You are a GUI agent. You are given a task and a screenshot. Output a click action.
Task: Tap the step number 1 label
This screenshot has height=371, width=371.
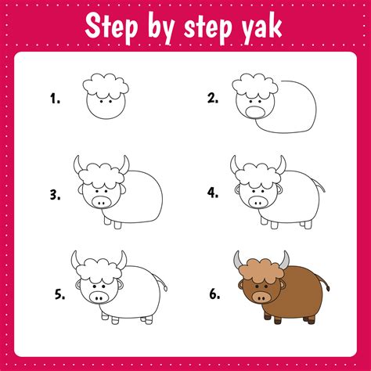(55, 99)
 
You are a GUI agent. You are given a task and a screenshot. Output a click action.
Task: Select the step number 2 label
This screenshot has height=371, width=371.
(211, 99)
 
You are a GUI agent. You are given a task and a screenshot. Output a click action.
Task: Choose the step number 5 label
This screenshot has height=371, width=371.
(59, 294)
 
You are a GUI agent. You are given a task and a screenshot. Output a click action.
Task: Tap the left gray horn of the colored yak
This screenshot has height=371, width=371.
(237, 261)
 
